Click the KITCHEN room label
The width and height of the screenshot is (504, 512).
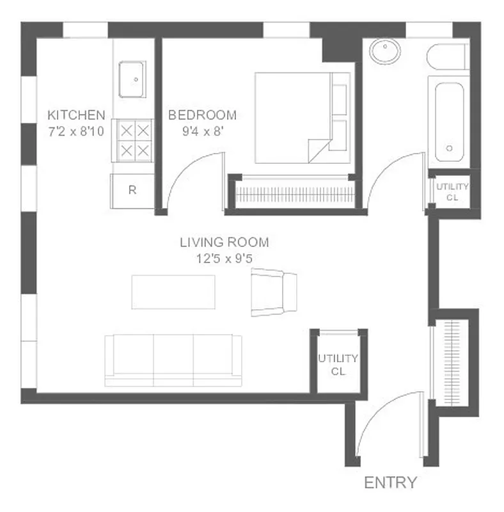pos(76,115)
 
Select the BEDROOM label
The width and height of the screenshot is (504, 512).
pos(202,115)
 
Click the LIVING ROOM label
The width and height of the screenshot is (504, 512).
pos(224,243)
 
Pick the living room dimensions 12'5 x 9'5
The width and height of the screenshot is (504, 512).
pos(224,259)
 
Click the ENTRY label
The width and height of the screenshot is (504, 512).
pos(390,483)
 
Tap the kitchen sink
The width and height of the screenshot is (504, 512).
pos(132,79)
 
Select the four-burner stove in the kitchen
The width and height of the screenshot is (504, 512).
pos(134,141)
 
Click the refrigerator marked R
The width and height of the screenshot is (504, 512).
pos(132,190)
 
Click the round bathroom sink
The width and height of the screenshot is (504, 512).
pos(386,51)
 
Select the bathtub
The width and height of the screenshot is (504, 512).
pos(449,122)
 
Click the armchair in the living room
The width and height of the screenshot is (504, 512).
pos(273,292)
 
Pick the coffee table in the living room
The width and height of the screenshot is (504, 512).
pos(173,292)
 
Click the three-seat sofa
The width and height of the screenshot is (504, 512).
pos(173,360)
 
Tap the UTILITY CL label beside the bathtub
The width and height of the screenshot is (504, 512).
pos(452,192)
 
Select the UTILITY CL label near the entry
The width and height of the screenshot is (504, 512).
pos(337,365)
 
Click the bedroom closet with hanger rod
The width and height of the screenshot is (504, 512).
pos(295,193)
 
